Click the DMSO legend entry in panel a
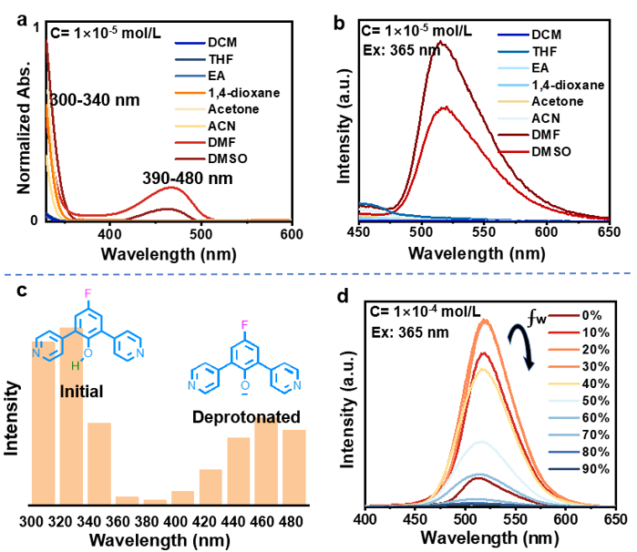click(x=227, y=158)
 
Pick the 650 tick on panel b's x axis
click(x=609, y=233)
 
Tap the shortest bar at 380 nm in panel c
click(x=156, y=501)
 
